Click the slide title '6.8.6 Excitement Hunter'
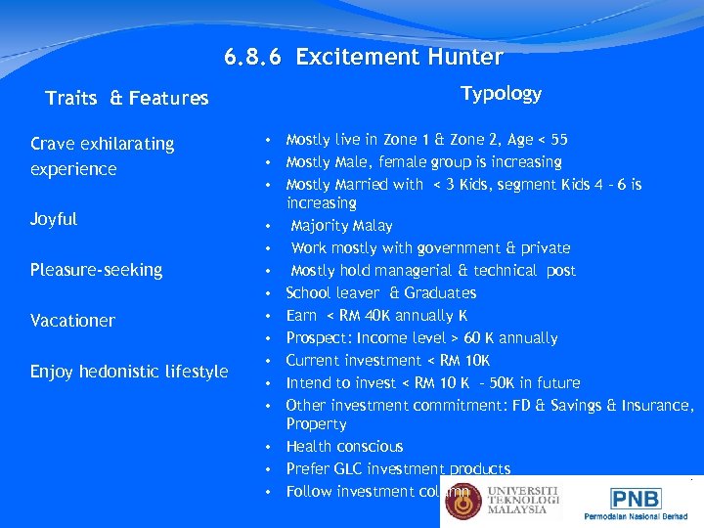click(363, 57)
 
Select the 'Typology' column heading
click(501, 93)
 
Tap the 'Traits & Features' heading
click(127, 98)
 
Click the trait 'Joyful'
click(54, 219)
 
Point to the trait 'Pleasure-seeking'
click(96, 270)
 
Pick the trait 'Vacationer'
click(72, 321)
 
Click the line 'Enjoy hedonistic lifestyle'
click(129, 372)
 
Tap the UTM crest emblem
click(463, 501)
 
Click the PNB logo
click(636, 498)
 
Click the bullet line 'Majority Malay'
click(341, 226)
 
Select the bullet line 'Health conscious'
click(344, 447)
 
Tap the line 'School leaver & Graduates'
click(380, 293)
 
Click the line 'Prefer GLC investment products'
click(398, 469)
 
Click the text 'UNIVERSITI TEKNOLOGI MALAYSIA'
click(523, 499)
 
